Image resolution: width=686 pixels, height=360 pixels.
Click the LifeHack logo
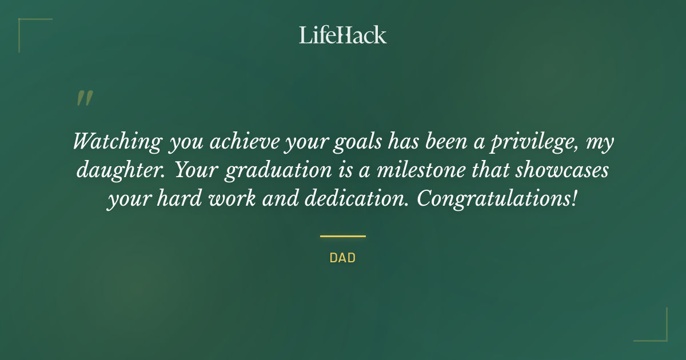(343, 35)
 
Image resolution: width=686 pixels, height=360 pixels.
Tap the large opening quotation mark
(84, 98)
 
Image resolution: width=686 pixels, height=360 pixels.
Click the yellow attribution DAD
(342, 258)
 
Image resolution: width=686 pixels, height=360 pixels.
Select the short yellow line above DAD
(342, 236)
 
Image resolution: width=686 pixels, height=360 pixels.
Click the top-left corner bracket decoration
(26, 26)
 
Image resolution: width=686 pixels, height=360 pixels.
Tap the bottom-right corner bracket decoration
(660, 334)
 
